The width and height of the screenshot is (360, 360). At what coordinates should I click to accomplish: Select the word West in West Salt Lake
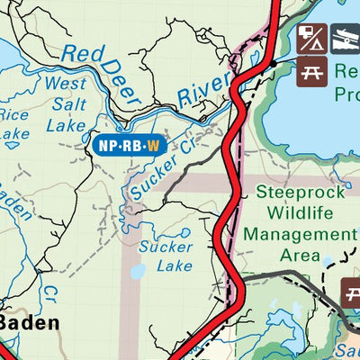(66, 84)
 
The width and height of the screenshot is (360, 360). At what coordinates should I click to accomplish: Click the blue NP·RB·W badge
(129, 143)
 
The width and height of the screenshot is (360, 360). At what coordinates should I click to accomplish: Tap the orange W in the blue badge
(154, 143)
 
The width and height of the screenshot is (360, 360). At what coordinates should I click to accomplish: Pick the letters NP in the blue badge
(105, 143)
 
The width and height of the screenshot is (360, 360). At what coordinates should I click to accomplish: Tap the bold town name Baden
(31, 322)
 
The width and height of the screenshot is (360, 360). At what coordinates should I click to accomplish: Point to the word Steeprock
(294, 192)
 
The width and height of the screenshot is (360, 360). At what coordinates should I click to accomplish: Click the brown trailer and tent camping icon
(311, 38)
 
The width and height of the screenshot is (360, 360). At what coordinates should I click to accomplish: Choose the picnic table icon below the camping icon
(311, 71)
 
